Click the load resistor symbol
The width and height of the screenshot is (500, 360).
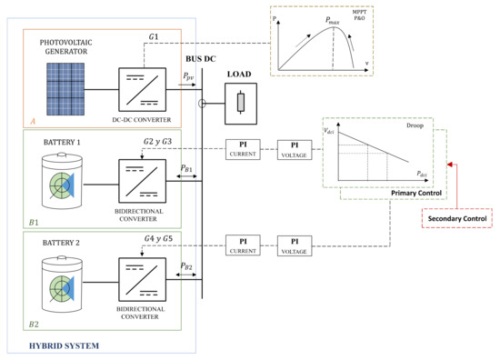(x=241, y=103)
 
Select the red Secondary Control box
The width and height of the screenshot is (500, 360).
(x=458, y=218)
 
